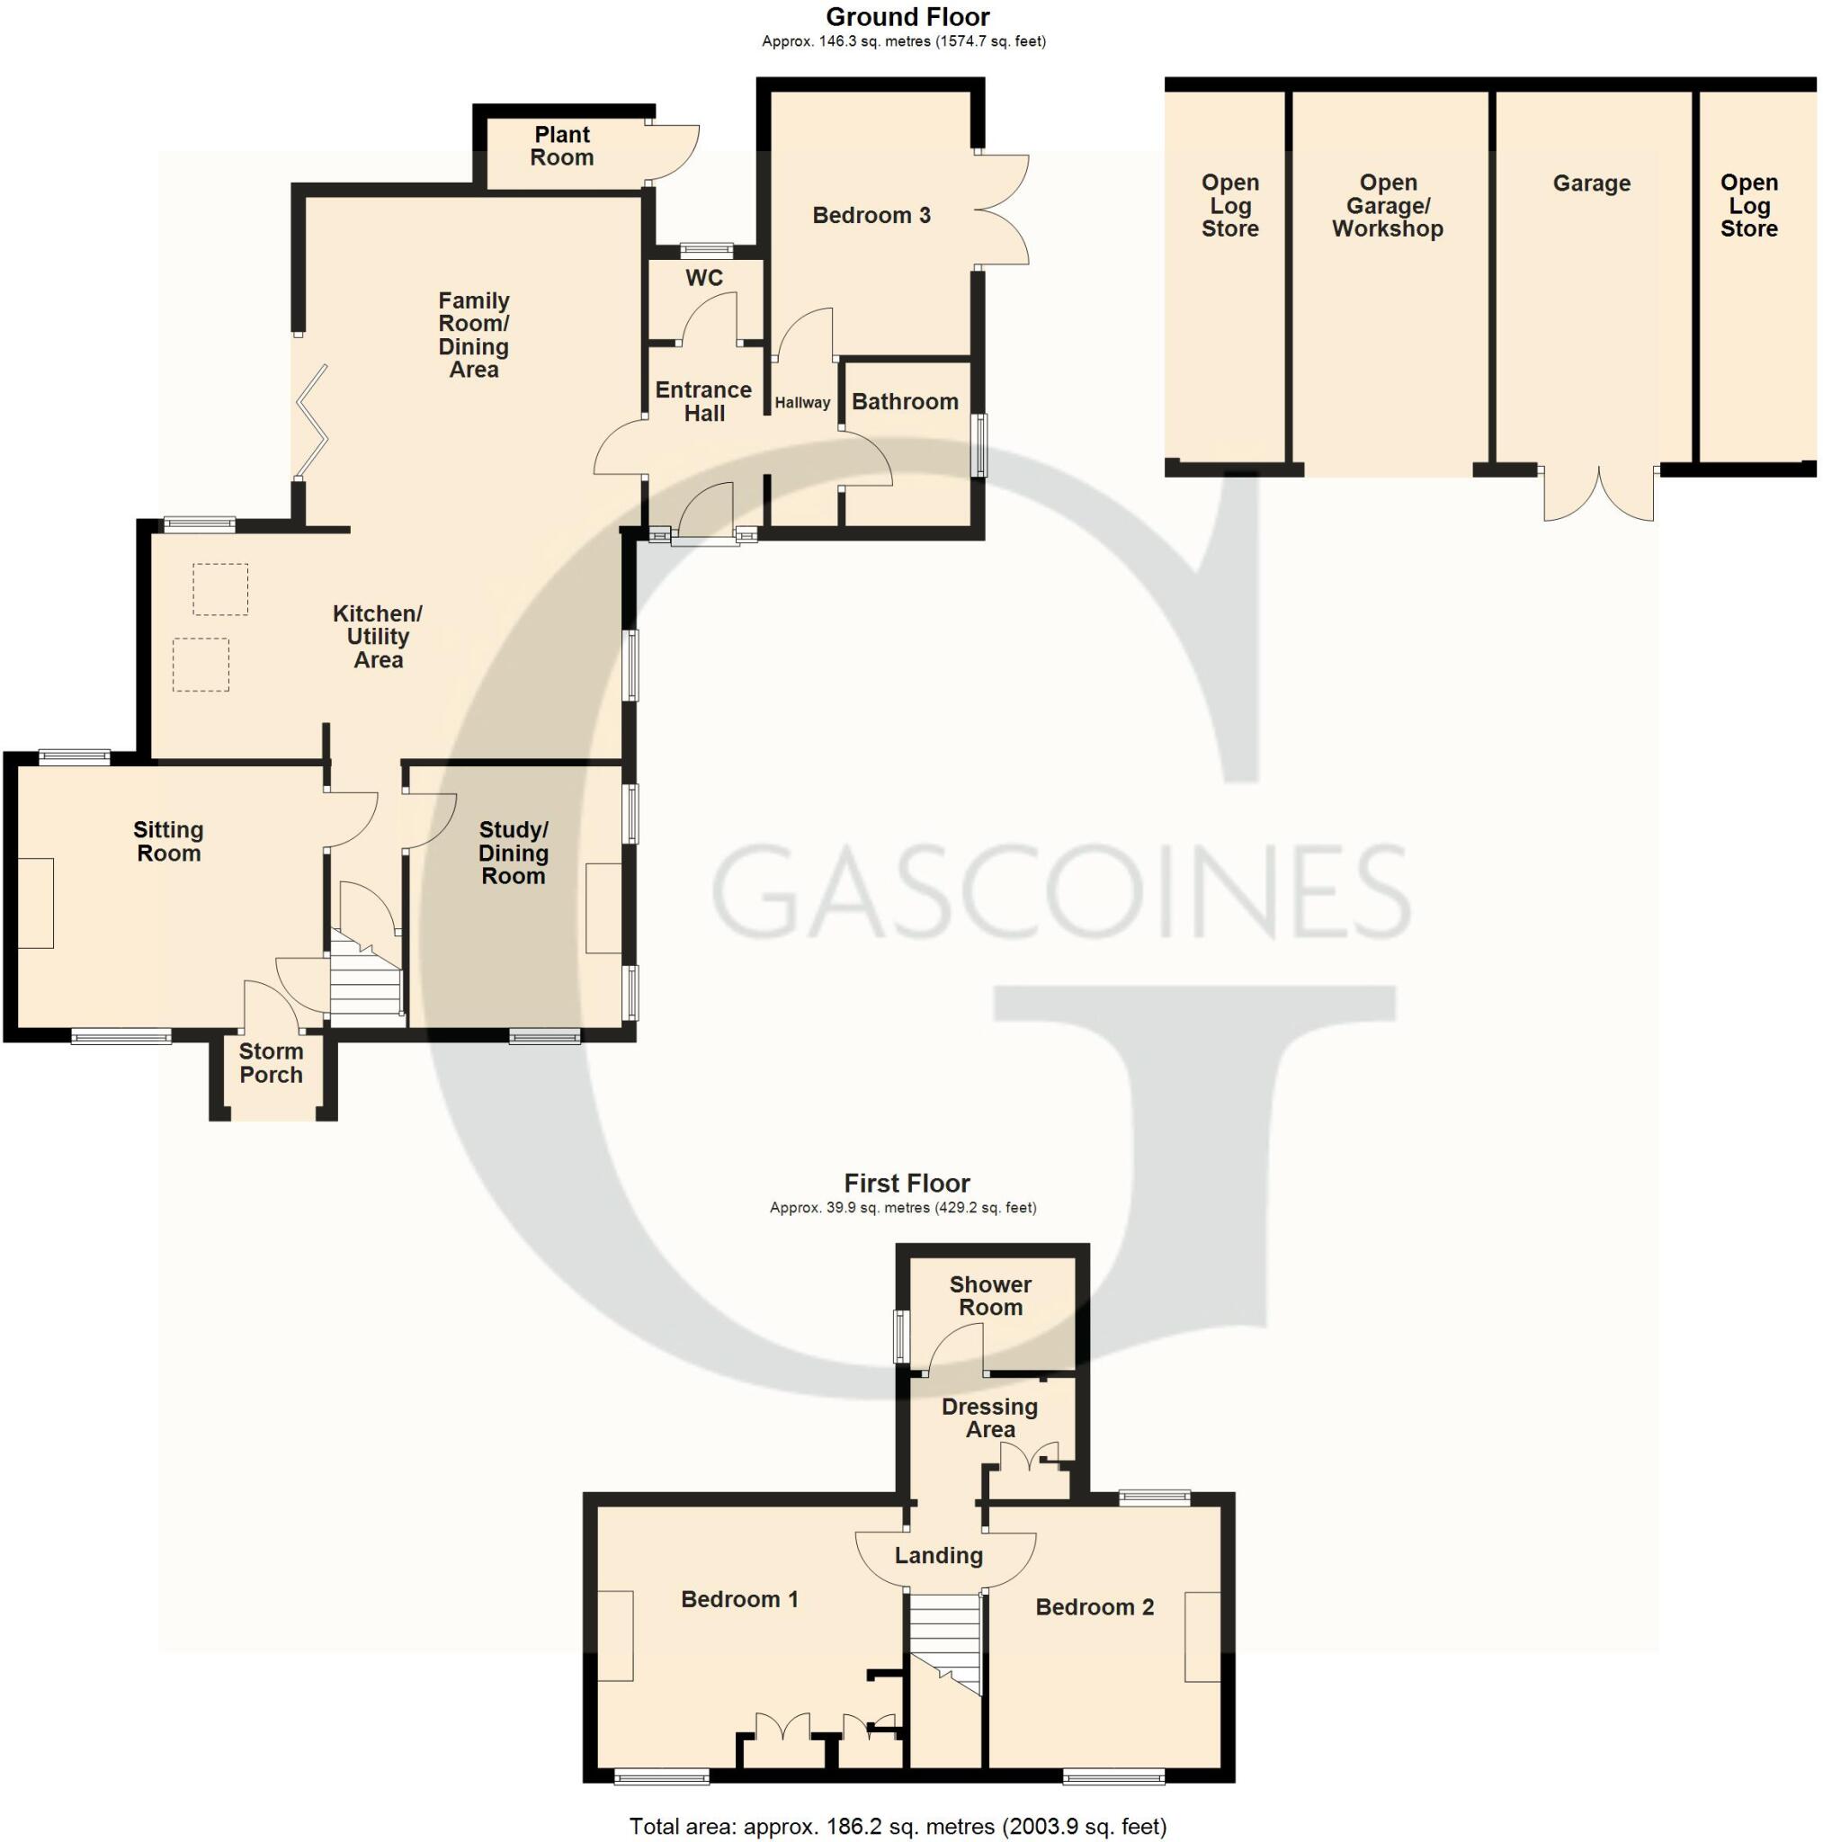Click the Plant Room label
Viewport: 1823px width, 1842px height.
coord(561,147)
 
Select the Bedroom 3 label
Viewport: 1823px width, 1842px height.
coord(871,216)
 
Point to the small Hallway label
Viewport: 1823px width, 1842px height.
coord(802,403)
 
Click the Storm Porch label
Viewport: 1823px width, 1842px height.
coord(271,1063)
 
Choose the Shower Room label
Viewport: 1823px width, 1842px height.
coord(989,1297)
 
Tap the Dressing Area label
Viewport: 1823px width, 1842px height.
coord(988,1418)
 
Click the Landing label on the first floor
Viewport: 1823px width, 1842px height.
coord(938,1556)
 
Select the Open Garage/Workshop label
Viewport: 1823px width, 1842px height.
coord(1388,206)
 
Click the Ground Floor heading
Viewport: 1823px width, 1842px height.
coord(907,17)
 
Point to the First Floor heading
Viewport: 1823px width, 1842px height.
coord(907,1185)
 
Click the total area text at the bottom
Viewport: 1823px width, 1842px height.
coord(898,1827)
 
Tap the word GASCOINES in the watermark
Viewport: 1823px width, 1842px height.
coord(1059,892)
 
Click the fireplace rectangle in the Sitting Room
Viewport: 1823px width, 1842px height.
coord(36,903)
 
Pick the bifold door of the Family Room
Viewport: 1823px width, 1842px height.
coord(312,422)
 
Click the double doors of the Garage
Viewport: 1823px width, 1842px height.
coord(1598,494)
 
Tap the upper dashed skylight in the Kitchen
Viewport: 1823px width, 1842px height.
coord(220,589)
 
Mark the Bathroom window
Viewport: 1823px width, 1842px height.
coord(979,445)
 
